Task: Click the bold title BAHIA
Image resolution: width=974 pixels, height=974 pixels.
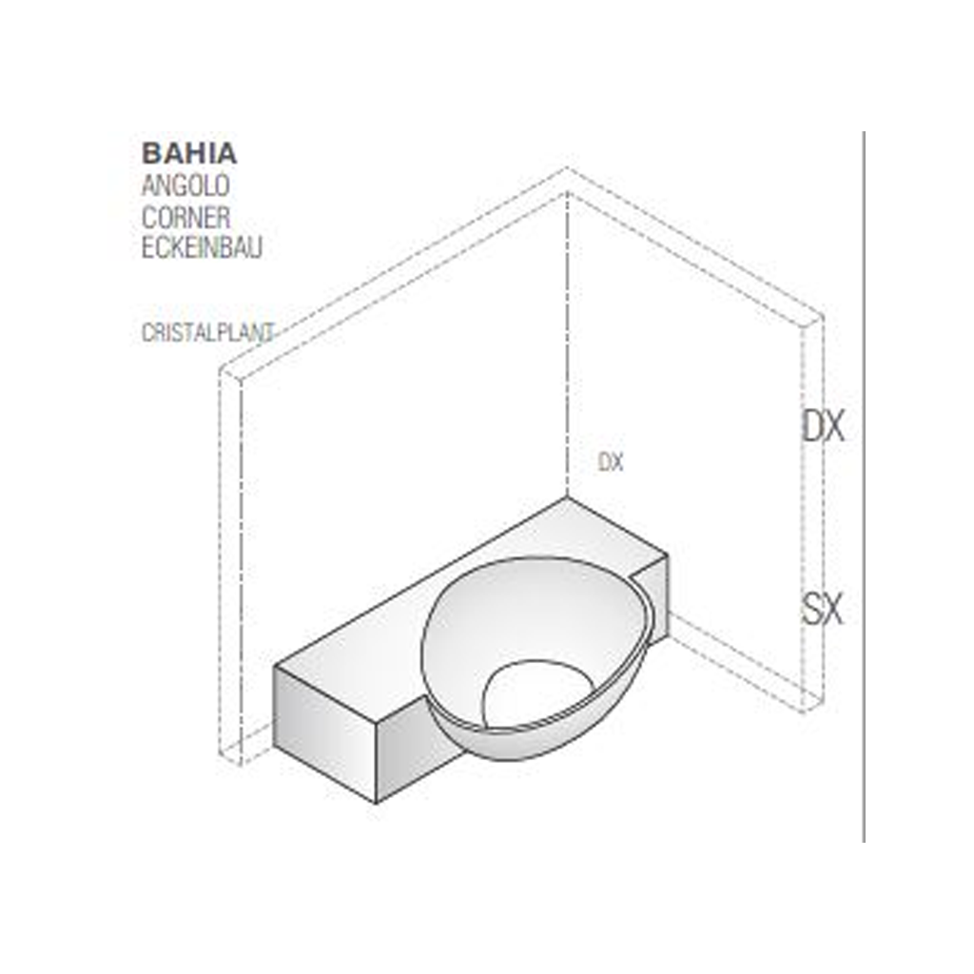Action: [x=189, y=153]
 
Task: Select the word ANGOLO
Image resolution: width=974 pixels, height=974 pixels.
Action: [x=185, y=185]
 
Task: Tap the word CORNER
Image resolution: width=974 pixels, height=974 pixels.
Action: [x=185, y=218]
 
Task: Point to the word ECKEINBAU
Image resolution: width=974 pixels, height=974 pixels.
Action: [x=202, y=248]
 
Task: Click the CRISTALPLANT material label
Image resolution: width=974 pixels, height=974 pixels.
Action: [x=207, y=333]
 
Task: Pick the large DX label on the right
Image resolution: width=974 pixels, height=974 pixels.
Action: [x=824, y=427]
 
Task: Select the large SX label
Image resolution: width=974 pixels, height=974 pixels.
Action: [x=823, y=609]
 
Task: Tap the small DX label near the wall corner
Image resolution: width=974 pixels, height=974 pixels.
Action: [x=610, y=462]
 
